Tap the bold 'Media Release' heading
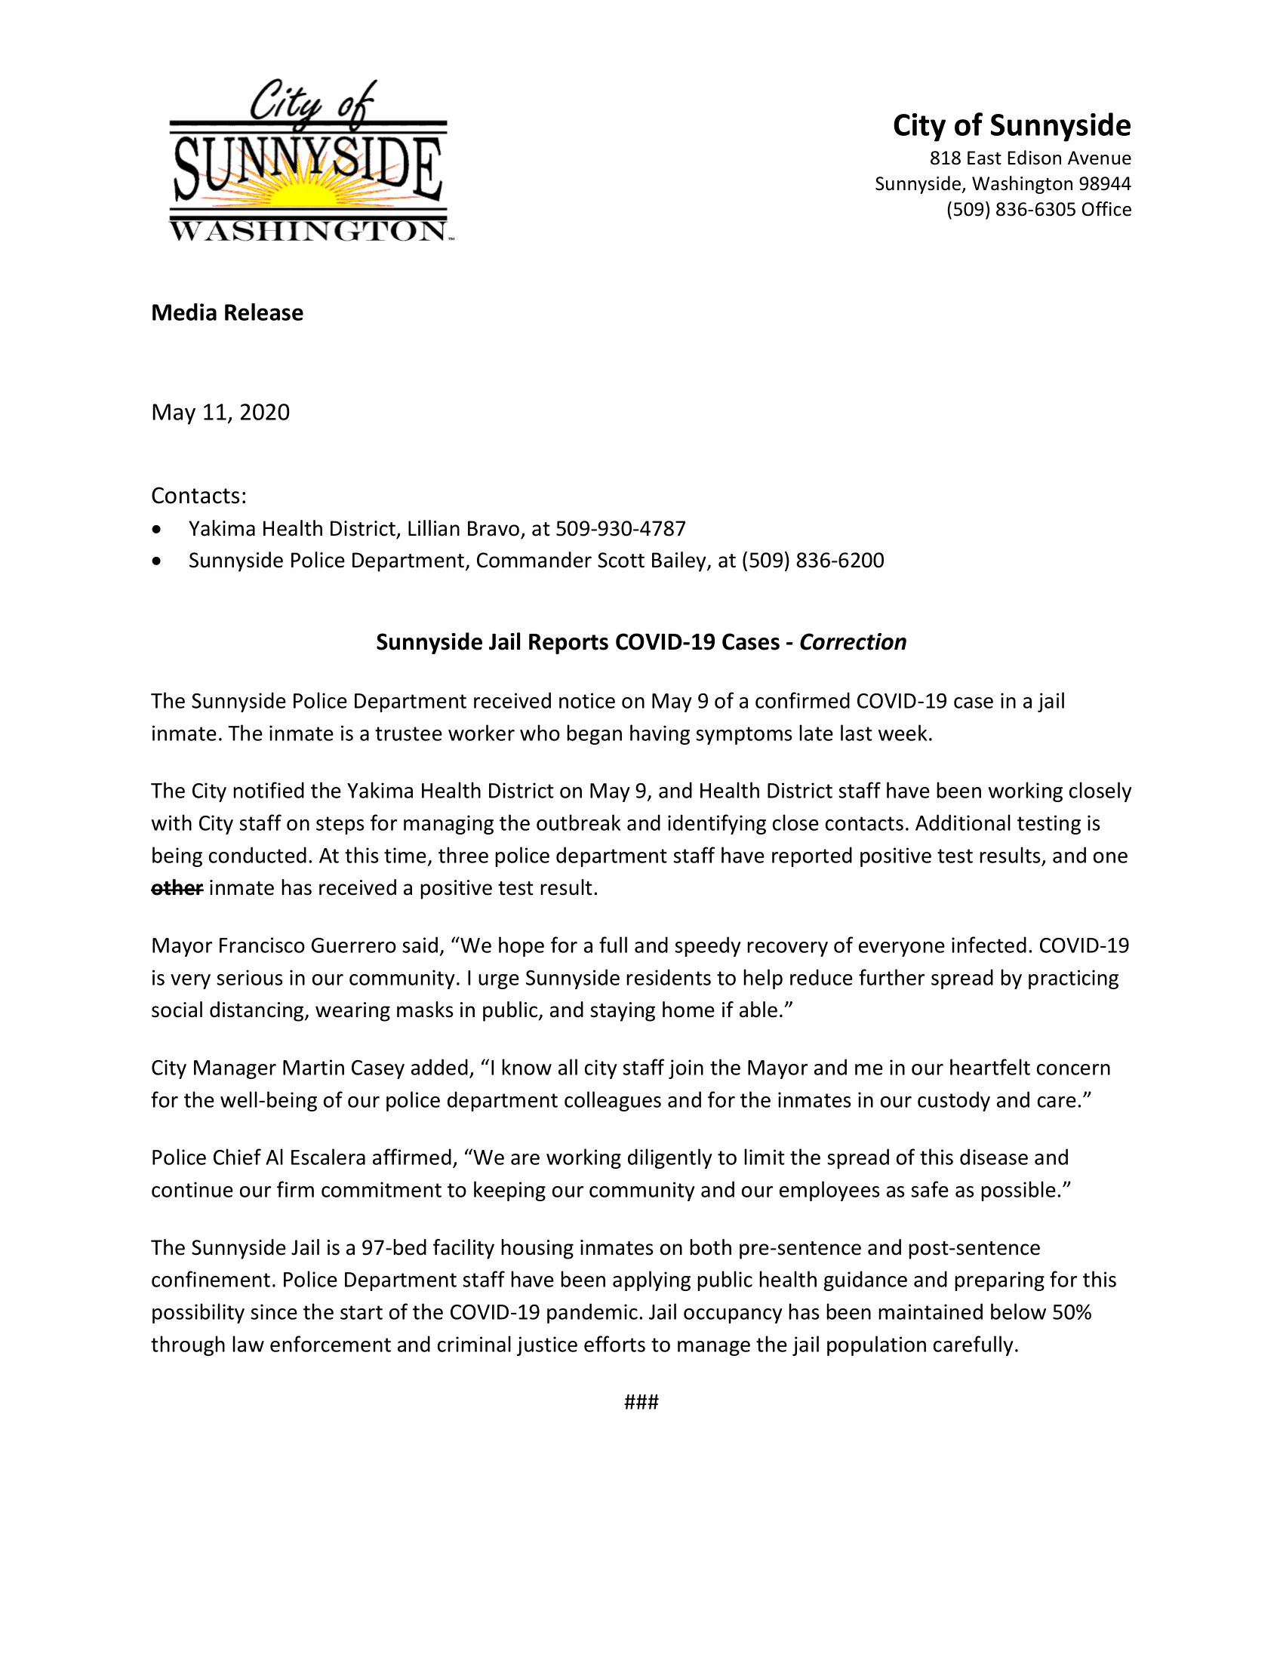point(226,312)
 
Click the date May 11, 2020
point(220,412)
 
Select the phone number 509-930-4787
point(620,528)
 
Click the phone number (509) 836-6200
point(813,560)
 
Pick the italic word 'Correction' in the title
point(853,642)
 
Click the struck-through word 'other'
point(177,888)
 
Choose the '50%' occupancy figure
point(1072,1313)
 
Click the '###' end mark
point(641,1403)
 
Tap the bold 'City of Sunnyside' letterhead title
point(1011,125)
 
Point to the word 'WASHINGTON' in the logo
point(307,231)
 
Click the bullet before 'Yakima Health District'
point(156,529)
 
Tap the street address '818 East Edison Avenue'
point(1030,158)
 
